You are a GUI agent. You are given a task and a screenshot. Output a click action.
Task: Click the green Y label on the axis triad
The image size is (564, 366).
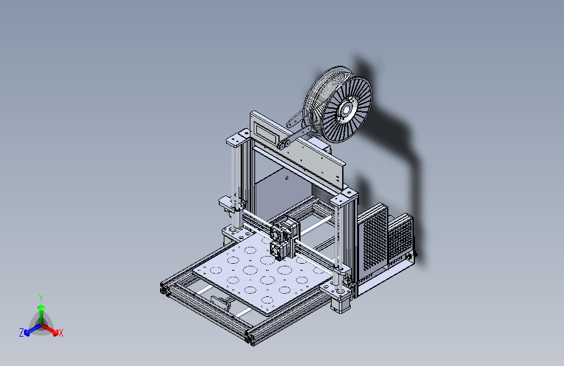tap(40, 298)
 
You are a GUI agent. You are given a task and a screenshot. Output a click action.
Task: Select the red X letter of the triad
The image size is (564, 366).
tap(60, 333)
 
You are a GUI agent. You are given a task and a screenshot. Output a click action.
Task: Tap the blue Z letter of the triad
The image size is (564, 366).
tap(21, 333)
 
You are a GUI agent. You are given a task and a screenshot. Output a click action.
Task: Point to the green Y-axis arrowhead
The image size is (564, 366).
tap(42, 307)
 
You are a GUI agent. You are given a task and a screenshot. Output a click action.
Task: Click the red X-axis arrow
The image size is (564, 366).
tap(49, 329)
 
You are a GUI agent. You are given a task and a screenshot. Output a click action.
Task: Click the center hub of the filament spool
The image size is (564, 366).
tap(346, 109)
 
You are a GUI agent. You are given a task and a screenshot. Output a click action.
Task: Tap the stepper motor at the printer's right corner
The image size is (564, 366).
tap(338, 303)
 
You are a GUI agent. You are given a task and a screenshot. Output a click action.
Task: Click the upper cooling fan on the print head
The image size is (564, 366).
tap(277, 233)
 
